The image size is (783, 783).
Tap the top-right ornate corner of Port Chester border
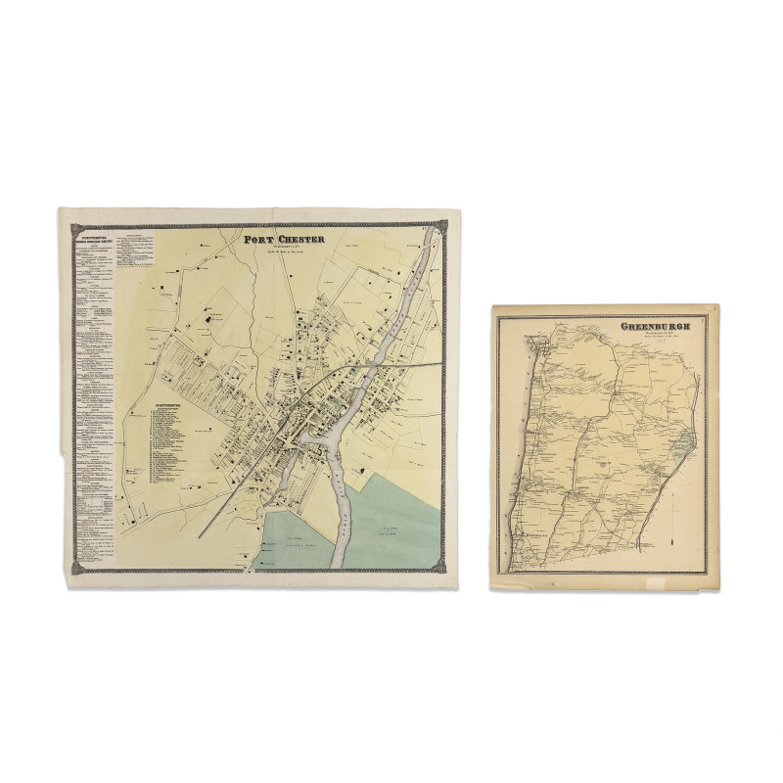click(442, 227)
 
